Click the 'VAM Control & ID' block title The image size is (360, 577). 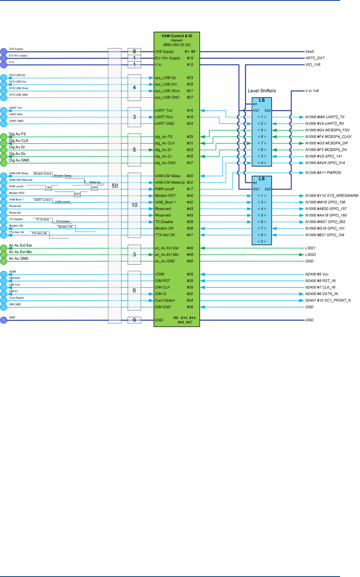(177, 36)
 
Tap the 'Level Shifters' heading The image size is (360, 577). (262, 91)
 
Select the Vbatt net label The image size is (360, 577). (310, 52)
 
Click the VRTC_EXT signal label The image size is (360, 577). (315, 58)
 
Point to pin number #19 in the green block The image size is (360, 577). (190, 58)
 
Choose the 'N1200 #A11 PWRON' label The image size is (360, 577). (323, 173)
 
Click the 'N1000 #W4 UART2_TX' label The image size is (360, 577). (325, 117)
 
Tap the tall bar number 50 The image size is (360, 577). (115, 186)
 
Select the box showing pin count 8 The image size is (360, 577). (134, 52)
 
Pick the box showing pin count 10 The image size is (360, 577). (134, 205)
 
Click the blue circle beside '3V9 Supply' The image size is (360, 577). (4, 52)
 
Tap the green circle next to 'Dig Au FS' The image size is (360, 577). (4, 137)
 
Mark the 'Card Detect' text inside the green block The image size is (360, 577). (165, 300)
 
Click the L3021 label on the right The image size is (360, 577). (310, 248)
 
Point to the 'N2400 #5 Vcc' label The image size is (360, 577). (317, 274)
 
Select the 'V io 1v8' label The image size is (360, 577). (312, 91)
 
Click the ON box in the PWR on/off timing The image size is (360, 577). (49, 187)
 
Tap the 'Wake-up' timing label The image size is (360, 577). (95, 182)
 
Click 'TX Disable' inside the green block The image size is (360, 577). (164, 222)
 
